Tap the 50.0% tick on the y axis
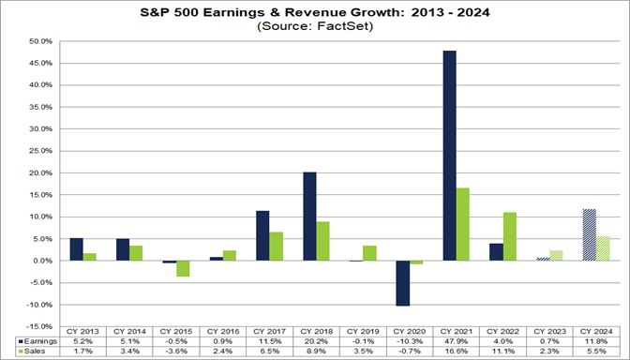coord(38,41)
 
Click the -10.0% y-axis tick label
coord(38,305)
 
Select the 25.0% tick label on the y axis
coord(38,151)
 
